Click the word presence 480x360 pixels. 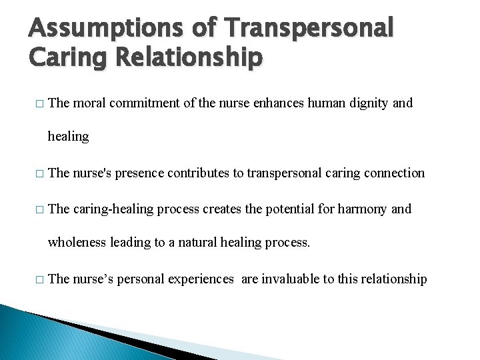coord(139,173)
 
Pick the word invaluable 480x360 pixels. coord(290,279)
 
